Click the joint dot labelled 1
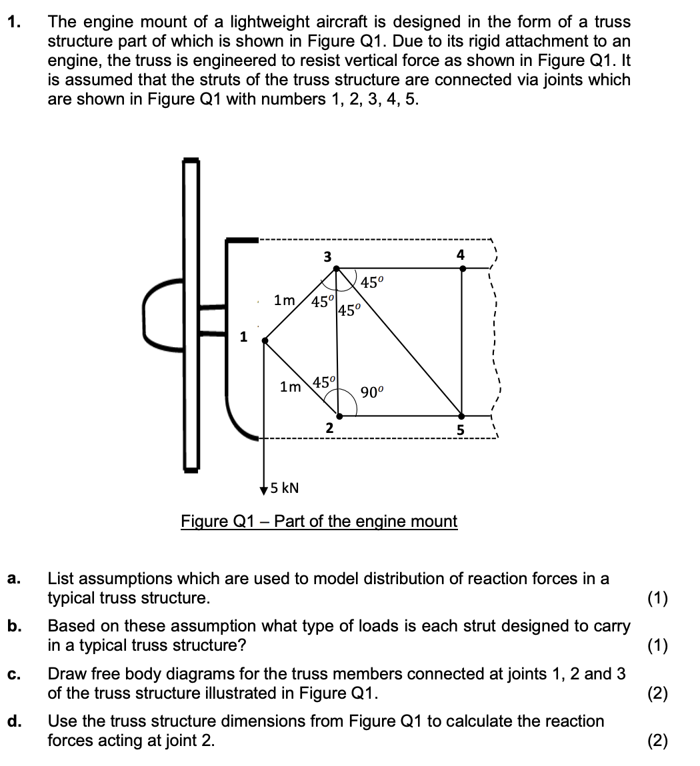tap(265, 340)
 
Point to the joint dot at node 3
tap(337, 268)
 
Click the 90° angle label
tap(372, 392)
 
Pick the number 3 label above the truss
tap(327, 256)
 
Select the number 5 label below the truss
tap(460, 430)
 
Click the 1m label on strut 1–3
tap(285, 300)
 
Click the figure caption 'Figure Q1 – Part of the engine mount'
tap(319, 521)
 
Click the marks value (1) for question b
tap(658, 645)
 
